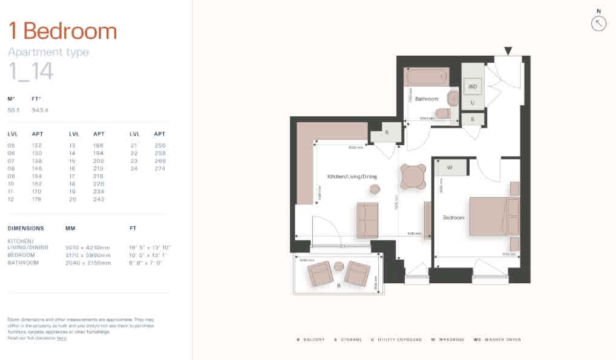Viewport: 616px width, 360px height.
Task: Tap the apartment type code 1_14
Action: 31,71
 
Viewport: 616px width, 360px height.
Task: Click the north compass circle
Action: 598,24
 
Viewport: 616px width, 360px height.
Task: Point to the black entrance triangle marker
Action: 508,51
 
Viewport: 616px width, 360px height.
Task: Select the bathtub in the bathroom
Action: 427,77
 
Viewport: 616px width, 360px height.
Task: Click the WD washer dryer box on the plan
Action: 473,87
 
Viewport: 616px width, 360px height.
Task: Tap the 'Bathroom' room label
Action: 426,99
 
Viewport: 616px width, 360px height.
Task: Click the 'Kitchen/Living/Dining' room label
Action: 352,177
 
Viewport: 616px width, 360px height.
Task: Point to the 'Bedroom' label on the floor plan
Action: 453,217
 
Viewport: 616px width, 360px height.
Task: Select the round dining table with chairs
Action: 413,177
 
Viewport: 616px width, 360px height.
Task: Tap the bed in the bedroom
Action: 493,216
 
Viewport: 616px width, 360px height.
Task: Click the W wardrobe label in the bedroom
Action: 450,168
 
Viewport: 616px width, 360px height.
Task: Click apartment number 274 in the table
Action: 160,168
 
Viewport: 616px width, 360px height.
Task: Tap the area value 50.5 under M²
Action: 14,110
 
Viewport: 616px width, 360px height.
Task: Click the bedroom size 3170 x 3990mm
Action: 88,255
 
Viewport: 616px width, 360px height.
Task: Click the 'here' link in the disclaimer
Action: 62,338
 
